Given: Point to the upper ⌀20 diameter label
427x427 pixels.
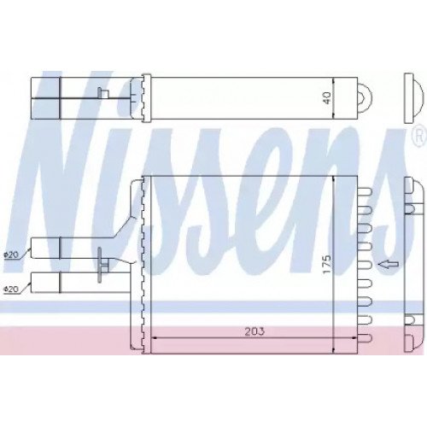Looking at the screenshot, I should pos(10,254).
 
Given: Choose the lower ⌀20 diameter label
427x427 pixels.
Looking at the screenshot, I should pos(10,288).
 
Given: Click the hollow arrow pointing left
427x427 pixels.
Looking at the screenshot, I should pos(389,266).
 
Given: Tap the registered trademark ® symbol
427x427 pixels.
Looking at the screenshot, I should pos(418,136).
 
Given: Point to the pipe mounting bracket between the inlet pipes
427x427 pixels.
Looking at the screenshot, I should pos(102,261).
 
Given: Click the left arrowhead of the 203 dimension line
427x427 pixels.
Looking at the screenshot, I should pos(154,339).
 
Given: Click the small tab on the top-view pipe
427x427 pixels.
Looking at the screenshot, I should pos(100,93).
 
